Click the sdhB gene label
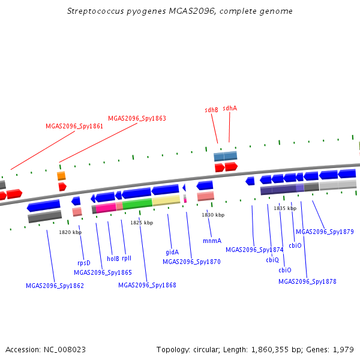211,110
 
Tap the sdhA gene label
230,108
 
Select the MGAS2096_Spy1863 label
137,118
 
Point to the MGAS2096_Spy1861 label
74,126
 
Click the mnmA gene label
212,241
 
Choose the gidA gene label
172,252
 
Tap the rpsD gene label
84,263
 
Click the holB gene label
113,259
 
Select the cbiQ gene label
272,260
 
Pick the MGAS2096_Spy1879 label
325,232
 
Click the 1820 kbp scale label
70,232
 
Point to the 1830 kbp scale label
213,215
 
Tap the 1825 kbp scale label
142,223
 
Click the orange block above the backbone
61,176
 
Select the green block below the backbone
137,204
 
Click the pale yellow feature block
166,200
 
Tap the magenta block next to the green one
106,208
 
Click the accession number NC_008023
65,349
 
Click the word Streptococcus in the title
95,11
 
